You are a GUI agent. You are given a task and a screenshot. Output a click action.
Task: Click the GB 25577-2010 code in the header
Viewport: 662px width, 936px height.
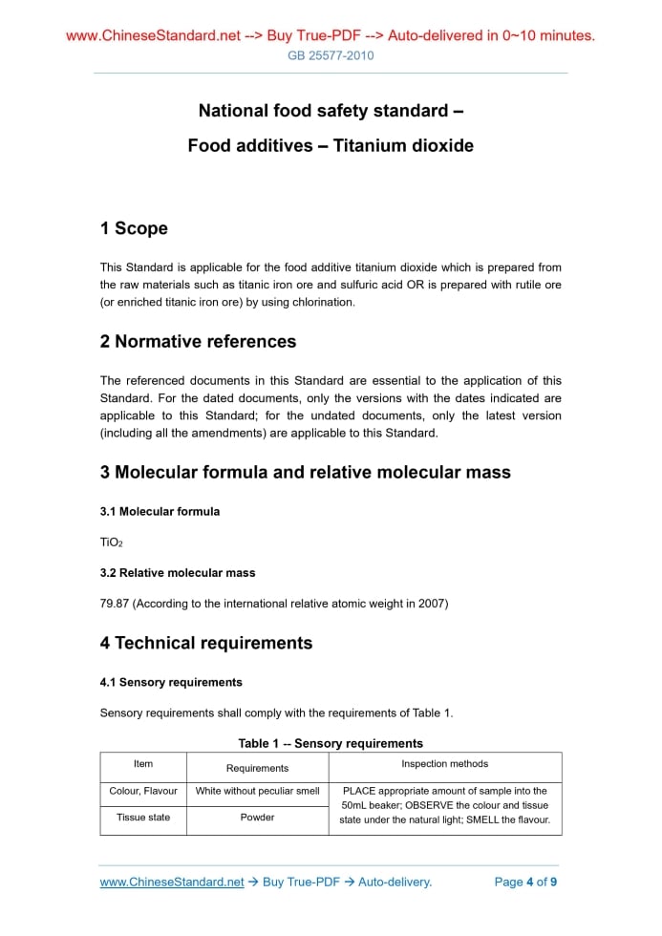coord(331,55)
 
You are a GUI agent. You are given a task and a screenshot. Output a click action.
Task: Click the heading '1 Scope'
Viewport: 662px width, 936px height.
coord(134,228)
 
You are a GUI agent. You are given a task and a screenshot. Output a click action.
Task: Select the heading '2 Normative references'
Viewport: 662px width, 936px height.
coord(198,341)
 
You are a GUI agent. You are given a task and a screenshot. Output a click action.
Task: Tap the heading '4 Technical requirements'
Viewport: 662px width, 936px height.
coord(205,643)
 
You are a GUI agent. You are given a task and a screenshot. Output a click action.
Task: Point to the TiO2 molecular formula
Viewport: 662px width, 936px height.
coord(111,542)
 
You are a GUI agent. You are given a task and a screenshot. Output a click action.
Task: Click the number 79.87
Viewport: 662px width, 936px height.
coord(116,604)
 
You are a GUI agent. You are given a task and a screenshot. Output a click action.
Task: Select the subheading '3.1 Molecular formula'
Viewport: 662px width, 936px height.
coord(160,511)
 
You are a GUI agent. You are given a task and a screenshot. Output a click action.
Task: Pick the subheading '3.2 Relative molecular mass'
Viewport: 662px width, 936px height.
coord(177,573)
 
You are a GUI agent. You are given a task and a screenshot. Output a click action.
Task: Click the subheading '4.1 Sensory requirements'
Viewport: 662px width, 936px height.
coord(171,682)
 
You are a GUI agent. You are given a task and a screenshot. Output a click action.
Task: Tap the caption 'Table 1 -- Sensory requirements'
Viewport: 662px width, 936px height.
coord(331,743)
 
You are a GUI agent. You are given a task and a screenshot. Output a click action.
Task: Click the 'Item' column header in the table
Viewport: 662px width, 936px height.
coord(143,764)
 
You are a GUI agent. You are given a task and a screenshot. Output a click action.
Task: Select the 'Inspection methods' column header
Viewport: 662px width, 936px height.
coord(444,764)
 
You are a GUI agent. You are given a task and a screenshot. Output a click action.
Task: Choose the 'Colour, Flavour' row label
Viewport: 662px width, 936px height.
coord(143,791)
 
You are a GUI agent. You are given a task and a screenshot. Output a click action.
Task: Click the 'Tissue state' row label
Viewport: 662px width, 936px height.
coord(143,818)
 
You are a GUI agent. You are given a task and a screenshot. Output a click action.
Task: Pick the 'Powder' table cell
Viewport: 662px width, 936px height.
coord(257,818)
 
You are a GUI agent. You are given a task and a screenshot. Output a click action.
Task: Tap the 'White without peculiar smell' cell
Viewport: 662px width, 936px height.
coord(257,791)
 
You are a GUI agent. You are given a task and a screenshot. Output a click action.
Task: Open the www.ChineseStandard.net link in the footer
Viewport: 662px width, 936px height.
coord(172,882)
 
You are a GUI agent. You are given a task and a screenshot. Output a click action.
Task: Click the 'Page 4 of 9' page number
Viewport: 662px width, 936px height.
coord(525,882)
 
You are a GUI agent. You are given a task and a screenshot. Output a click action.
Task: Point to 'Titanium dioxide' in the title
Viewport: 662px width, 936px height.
coord(403,146)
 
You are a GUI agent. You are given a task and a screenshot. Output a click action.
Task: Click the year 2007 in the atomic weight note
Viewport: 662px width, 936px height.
coord(431,604)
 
